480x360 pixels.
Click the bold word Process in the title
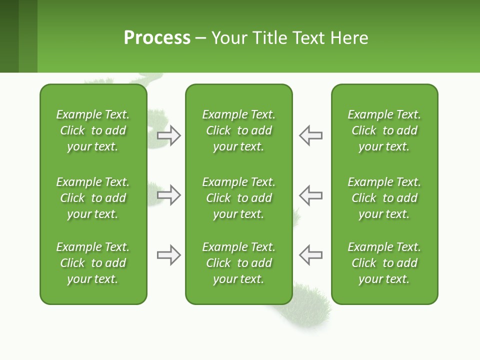157,38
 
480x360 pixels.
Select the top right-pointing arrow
169,135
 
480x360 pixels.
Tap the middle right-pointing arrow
169,195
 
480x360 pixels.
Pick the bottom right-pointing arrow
169,255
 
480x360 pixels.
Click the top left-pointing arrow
310,135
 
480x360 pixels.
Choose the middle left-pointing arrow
310,195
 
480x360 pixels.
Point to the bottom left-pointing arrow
310,255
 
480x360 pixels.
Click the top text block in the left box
93,130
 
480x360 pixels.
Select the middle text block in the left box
93,198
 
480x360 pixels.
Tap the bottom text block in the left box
93,263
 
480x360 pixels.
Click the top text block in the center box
238,130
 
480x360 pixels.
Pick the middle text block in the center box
238,198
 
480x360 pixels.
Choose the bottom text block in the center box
238,263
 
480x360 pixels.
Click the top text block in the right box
384,130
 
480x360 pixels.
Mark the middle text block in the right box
384,198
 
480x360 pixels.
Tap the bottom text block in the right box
384,263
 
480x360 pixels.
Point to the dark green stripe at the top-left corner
9,36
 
